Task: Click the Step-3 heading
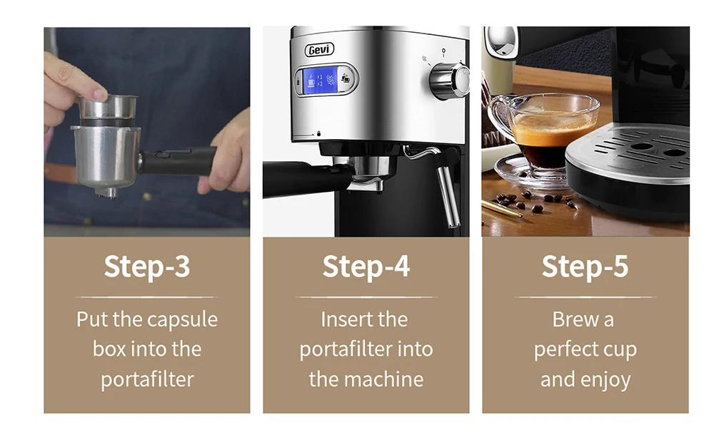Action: coord(146,267)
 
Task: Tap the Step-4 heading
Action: coord(366,267)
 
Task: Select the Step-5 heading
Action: coord(585,267)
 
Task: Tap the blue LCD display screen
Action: coord(321,80)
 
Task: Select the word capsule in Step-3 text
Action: coord(183,319)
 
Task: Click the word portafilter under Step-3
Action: coord(146,379)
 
